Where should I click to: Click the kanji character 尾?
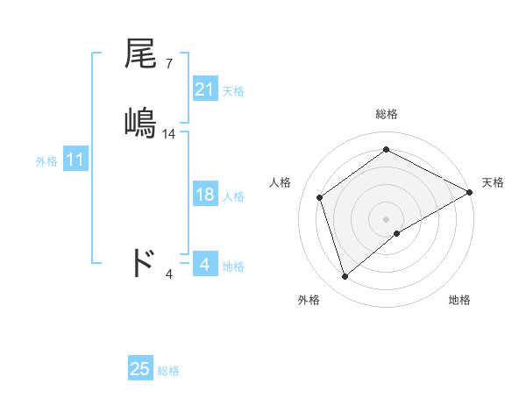[x=141, y=55]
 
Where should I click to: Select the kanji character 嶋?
[x=141, y=121]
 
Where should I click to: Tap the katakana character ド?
[x=142, y=262]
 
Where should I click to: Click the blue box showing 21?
[x=205, y=89]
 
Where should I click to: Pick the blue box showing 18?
[x=205, y=195]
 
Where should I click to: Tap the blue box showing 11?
[x=75, y=160]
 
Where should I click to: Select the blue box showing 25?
[x=140, y=369]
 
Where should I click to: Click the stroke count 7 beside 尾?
[x=168, y=63]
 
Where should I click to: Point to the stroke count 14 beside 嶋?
[x=169, y=134]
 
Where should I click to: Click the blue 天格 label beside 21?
[x=233, y=91]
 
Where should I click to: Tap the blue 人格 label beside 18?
[x=233, y=196]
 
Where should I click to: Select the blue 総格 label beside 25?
[x=168, y=371]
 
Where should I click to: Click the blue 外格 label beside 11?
[x=46, y=162]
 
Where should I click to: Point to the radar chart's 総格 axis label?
[x=386, y=114]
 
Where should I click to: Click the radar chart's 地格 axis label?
[x=459, y=300]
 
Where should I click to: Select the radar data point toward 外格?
[x=345, y=277]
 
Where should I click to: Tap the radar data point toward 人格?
[x=320, y=197]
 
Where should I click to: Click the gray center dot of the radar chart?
[x=386, y=218]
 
